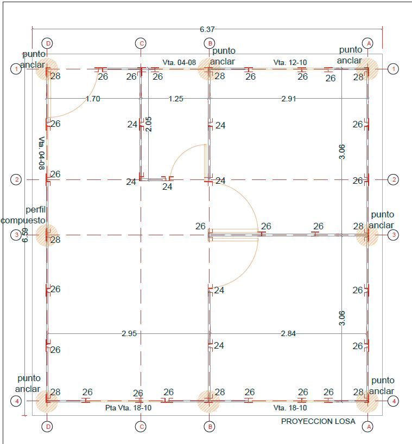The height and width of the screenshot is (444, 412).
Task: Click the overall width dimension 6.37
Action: [x=206, y=29]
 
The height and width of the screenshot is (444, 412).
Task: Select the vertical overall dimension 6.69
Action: [x=25, y=235]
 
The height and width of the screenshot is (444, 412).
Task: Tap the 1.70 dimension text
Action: [x=93, y=99]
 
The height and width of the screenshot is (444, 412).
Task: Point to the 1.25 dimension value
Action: [x=175, y=99]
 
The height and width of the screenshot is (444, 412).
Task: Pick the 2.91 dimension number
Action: [x=288, y=99]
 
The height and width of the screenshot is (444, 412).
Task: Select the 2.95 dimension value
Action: [x=129, y=333]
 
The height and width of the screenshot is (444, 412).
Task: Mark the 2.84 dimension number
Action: [x=288, y=333]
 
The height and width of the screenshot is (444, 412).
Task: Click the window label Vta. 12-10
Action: [x=290, y=62]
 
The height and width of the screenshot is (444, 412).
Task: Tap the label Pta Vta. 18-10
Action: [x=128, y=408]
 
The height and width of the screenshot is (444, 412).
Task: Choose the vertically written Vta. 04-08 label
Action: [x=42, y=153]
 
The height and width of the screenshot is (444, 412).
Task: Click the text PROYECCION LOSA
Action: [x=318, y=421]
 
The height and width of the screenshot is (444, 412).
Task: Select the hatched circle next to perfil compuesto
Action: [x=47, y=235]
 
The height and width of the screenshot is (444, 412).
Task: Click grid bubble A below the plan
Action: [x=369, y=427]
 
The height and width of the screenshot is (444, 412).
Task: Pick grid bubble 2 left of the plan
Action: [x=17, y=179]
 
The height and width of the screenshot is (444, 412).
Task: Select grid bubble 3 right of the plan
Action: [x=394, y=235]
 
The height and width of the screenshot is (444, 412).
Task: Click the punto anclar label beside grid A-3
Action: [x=382, y=220]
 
